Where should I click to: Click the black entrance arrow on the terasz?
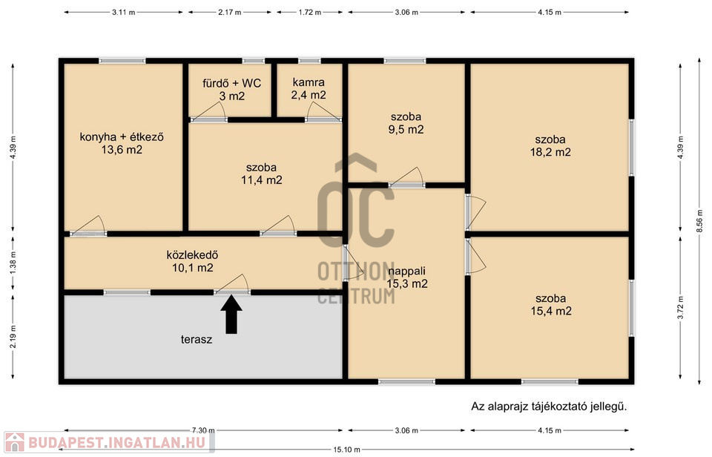coord(231,315)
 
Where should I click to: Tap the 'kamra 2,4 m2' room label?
coord(309,88)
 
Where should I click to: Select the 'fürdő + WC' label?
coord(231,83)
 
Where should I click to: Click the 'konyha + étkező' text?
coord(122,137)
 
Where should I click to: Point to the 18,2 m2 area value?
coord(550,152)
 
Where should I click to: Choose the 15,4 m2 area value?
coord(551,311)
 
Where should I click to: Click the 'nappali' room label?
coord(407,272)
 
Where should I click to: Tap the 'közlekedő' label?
coord(193,255)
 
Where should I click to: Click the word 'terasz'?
coord(196,339)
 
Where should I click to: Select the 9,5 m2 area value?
coord(406,130)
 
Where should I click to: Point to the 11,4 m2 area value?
coord(262,180)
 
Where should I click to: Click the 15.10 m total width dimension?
coord(347,450)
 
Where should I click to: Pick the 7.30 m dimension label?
coord(203,430)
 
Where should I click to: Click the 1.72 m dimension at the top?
coord(310,13)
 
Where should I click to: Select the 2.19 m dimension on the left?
coord(13,337)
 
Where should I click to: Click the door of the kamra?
coord(323,112)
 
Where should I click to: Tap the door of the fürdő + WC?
coord(208,112)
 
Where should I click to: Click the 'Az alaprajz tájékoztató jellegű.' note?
coord(549,407)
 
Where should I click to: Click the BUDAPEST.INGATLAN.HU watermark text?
coord(117,442)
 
